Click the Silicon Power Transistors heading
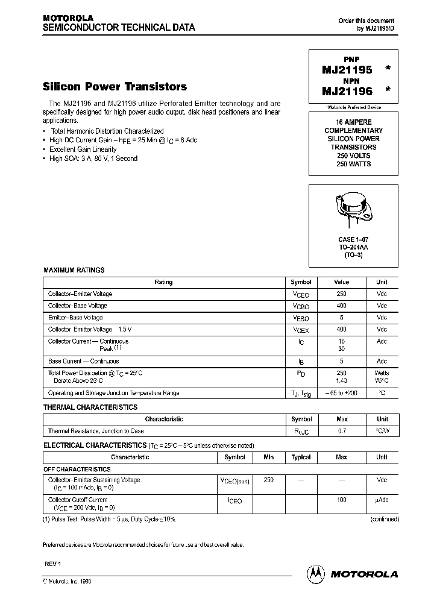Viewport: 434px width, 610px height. tap(115, 87)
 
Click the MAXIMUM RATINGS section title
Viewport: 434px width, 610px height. tap(74, 270)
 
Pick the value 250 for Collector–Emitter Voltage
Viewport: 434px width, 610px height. tap(341, 294)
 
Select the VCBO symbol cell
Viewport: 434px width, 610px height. tap(301, 306)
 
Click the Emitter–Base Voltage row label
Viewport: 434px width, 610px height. tap(75, 318)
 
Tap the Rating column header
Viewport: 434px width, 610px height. tap(163, 282)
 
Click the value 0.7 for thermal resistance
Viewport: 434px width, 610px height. tap(341, 431)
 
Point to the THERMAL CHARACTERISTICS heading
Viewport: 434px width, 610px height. tap(90, 407)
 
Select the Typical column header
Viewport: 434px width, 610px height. tap(301, 457)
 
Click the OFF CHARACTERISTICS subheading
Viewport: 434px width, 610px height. tap(77, 469)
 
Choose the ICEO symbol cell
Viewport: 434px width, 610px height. tap(234, 501)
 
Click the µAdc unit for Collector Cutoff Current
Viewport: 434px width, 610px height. tap(382, 500)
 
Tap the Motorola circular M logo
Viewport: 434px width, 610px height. tap(316, 573)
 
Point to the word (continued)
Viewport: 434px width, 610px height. tap(384, 519)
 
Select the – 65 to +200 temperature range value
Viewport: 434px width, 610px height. tap(341, 393)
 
